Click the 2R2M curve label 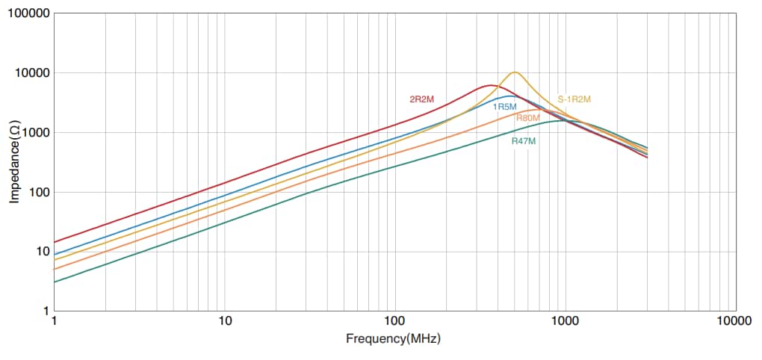point(423,99)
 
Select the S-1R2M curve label point(574,99)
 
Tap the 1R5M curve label point(504,107)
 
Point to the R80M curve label point(527,118)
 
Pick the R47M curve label point(524,140)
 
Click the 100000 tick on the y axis point(30,14)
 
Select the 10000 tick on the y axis point(33,73)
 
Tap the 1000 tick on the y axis point(36,132)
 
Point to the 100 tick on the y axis point(39,192)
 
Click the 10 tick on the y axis point(42,251)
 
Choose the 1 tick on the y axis point(46,311)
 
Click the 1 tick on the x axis point(55,322)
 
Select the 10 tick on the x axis point(224,322)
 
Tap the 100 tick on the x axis point(394,322)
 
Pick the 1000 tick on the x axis point(565,322)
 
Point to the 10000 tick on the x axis point(734,322)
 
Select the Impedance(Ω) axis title point(14,162)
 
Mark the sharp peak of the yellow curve point(515,72)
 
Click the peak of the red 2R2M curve point(489,85)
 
